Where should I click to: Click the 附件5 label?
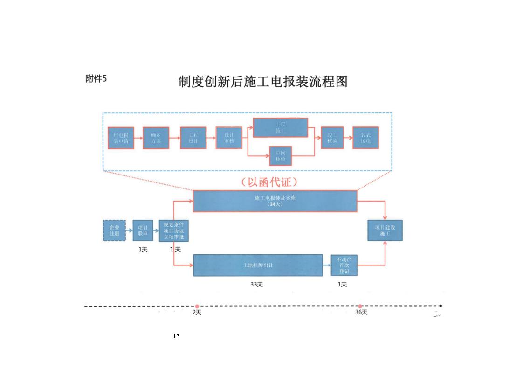tap(96, 78)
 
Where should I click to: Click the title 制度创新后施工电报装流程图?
tap(263, 82)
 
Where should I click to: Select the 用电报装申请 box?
tap(121, 138)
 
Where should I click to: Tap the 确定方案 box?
tap(156, 138)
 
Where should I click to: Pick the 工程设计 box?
tap(193, 138)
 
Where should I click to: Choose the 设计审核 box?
tap(229, 138)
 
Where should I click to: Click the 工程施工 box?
tap(280, 127)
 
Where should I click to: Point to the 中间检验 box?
tap(280, 155)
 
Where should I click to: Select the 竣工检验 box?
tap(332, 138)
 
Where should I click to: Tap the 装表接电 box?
tap(365, 138)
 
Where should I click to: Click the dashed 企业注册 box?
tap(114, 230)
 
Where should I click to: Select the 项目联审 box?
tap(143, 230)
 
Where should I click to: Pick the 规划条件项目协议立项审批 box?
tap(173, 230)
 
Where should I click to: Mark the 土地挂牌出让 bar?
tap(258, 265)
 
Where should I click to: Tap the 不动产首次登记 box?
tap(344, 265)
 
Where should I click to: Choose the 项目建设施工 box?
tap(385, 230)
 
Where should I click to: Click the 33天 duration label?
tap(256, 285)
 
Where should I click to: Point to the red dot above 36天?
tap(360, 306)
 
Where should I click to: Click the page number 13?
tap(176, 336)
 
